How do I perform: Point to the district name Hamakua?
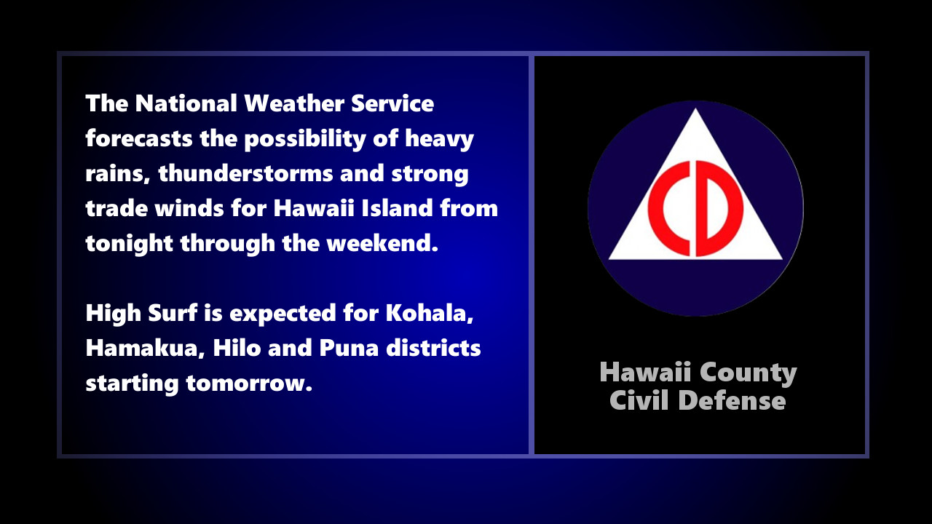pyautogui.click(x=145, y=349)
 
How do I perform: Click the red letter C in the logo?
pyautogui.click(x=668, y=209)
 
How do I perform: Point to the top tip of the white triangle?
pyautogui.click(x=696, y=111)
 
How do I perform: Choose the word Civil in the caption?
pyautogui.click(x=639, y=400)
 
